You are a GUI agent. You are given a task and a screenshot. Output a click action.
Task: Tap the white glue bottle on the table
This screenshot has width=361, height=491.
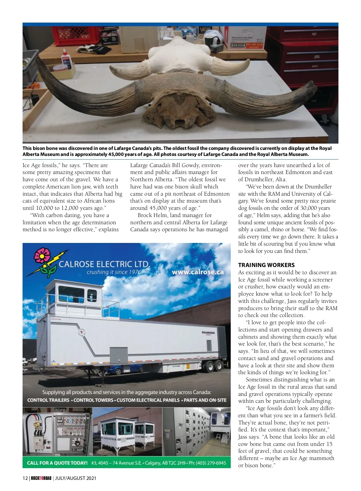click(x=66, y=61)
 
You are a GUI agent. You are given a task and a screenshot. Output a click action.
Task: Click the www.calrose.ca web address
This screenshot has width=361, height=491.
click(x=198, y=272)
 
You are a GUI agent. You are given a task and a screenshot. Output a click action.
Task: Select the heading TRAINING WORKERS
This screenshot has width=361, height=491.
click(x=266, y=265)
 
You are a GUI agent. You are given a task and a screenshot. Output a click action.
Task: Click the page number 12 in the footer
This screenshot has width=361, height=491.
click(x=25, y=478)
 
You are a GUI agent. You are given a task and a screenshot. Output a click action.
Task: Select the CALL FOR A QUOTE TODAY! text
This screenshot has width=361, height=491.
click(x=57, y=463)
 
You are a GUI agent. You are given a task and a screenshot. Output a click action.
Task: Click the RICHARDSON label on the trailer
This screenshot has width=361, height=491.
click(x=208, y=333)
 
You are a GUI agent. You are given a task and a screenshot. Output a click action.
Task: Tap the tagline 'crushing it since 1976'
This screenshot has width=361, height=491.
click(x=114, y=272)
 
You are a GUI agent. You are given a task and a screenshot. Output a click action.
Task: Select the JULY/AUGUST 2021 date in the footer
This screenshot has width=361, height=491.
click(x=75, y=478)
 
